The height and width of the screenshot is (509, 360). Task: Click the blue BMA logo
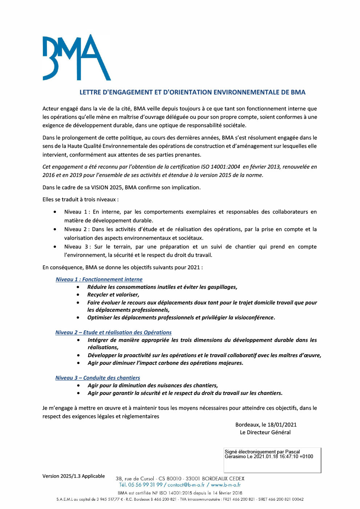click(x=76, y=57)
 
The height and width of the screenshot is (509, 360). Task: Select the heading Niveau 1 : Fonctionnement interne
click(x=99, y=279)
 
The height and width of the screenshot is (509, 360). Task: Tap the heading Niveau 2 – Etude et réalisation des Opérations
click(x=113, y=332)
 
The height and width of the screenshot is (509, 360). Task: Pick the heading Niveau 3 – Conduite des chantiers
click(x=97, y=378)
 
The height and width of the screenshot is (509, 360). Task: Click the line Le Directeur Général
click(x=265, y=432)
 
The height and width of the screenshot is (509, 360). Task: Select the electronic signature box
click(x=272, y=460)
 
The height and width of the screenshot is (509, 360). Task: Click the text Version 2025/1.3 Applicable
click(x=73, y=476)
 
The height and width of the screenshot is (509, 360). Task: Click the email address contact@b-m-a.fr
click(x=186, y=485)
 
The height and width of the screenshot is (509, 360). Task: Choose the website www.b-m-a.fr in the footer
click(x=226, y=485)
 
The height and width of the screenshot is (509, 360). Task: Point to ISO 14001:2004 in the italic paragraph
click(x=221, y=167)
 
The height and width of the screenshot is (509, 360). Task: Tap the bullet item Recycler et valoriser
click(x=113, y=295)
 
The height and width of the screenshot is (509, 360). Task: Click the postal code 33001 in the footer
click(x=193, y=479)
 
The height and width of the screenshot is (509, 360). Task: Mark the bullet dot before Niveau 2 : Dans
click(x=55, y=229)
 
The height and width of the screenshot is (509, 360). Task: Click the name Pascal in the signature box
click(x=292, y=452)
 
